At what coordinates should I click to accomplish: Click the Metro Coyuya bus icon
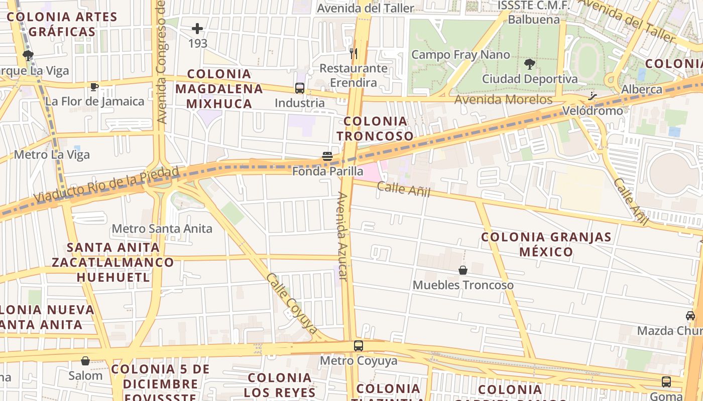(x=358, y=345)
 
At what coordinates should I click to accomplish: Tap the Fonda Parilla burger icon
(x=327, y=156)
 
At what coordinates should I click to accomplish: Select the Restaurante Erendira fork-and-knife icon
(x=354, y=53)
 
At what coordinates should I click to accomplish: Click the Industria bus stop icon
(x=300, y=88)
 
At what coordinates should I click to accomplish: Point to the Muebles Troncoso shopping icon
(x=463, y=270)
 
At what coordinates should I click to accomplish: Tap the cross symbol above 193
(x=197, y=28)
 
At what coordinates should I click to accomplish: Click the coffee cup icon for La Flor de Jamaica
(x=94, y=87)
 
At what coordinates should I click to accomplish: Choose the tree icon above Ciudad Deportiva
(x=529, y=64)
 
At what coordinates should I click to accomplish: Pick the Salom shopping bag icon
(x=85, y=360)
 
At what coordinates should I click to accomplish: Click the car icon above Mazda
(x=690, y=316)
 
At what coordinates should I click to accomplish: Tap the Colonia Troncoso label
(x=375, y=128)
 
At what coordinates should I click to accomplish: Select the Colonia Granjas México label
(x=546, y=244)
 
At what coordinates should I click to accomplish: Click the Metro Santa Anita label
(x=162, y=229)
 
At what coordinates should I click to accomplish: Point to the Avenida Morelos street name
(x=503, y=99)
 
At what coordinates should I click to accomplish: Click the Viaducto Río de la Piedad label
(x=107, y=184)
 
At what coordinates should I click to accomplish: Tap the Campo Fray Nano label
(x=460, y=55)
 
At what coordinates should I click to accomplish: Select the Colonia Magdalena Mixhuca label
(x=219, y=89)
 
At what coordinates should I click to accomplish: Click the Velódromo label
(x=593, y=110)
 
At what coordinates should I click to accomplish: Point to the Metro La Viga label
(x=52, y=154)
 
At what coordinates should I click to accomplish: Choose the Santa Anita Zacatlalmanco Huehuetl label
(x=113, y=262)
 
